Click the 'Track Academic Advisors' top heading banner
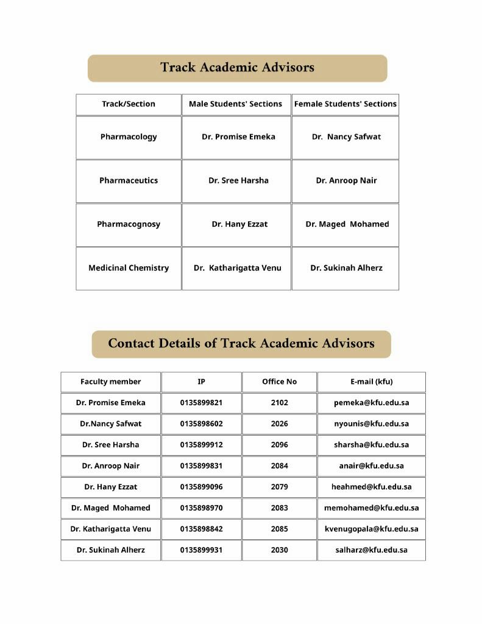(x=237, y=68)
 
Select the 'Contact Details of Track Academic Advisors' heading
(x=241, y=344)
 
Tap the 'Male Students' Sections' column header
(x=235, y=104)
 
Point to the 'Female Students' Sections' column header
(x=345, y=104)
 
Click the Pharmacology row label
(x=129, y=137)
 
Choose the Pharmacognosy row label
(x=129, y=224)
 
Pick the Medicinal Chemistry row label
(x=129, y=268)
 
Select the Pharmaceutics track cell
(x=129, y=181)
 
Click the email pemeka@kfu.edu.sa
(x=371, y=403)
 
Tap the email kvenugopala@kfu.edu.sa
(x=371, y=529)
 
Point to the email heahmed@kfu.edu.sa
(x=371, y=487)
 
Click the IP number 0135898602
(x=201, y=424)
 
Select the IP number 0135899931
(x=201, y=550)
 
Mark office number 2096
(x=279, y=445)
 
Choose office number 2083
(x=279, y=508)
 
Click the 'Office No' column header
(x=279, y=382)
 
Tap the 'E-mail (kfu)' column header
(x=371, y=382)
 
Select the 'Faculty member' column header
(x=110, y=382)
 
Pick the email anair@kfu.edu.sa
(x=371, y=466)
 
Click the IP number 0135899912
(x=201, y=445)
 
